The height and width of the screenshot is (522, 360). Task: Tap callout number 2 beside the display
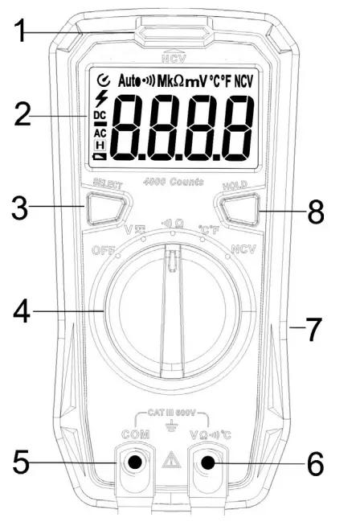25,113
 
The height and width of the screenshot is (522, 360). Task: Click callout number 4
25,311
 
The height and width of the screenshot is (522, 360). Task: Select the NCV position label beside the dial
243,249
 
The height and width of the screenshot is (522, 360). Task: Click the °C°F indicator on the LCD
220,81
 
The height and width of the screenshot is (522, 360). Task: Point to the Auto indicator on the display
128,81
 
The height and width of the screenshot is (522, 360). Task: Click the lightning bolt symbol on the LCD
100,98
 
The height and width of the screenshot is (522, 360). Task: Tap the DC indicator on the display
100,115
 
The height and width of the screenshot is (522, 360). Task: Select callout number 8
318,213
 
